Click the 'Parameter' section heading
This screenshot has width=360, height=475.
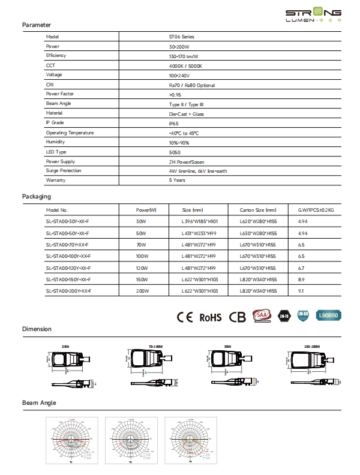[37, 25]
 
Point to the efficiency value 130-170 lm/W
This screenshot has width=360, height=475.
[184, 56]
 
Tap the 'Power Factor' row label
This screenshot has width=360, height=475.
[61, 94]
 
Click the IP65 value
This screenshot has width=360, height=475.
[174, 123]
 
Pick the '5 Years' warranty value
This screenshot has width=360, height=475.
[177, 180]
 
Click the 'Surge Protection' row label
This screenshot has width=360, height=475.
[64, 171]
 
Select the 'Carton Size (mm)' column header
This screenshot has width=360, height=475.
[258, 211]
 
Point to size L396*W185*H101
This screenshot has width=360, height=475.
[199, 222]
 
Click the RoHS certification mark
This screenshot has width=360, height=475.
[211, 317]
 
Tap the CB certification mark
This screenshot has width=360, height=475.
[238, 317]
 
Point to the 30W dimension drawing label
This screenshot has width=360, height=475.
[65, 347]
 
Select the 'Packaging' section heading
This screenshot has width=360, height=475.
[37, 196]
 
